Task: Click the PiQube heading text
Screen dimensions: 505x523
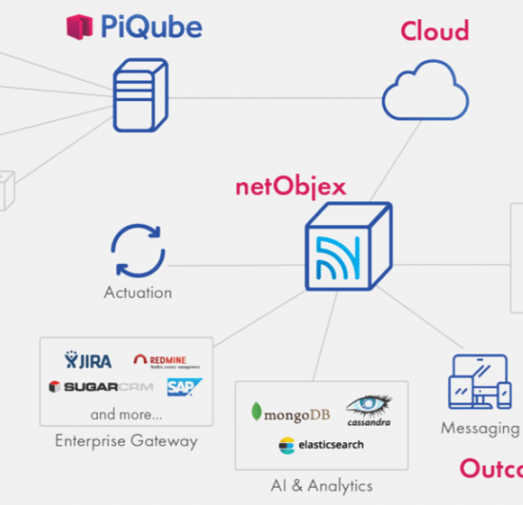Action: (x=151, y=27)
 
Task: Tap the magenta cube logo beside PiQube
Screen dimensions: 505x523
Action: (x=79, y=27)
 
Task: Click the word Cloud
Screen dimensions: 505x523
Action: (x=434, y=31)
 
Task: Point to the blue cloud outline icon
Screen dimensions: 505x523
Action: (x=425, y=91)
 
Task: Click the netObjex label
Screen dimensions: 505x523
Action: (x=290, y=186)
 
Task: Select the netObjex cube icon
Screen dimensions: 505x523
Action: (x=348, y=246)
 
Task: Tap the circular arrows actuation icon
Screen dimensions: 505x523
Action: (x=138, y=251)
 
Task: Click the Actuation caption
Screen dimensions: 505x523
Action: (x=138, y=293)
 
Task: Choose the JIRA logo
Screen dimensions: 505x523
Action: (x=88, y=360)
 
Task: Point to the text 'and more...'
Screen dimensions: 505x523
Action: (x=126, y=414)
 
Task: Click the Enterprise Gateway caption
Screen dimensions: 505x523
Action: (x=126, y=441)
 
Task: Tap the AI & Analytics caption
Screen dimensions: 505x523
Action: (x=322, y=485)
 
